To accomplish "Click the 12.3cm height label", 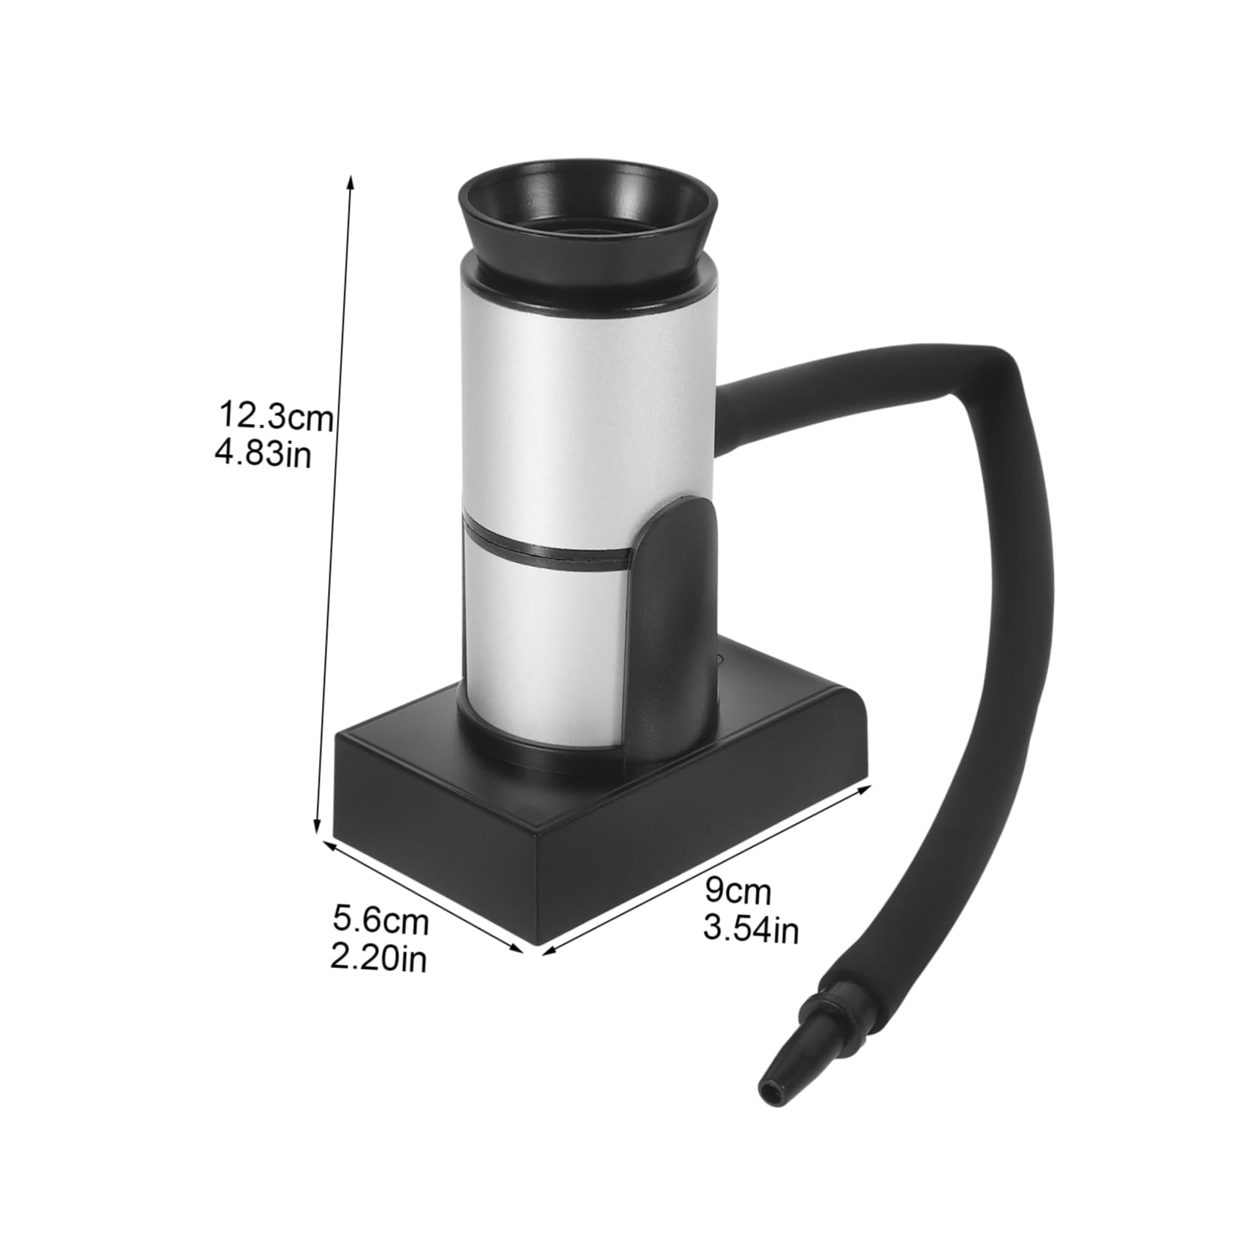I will click(275, 416).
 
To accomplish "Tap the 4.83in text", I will click(264, 454).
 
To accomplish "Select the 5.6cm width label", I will click(380, 920).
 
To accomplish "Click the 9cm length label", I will click(737, 891).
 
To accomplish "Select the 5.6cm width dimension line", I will click(423, 897).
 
